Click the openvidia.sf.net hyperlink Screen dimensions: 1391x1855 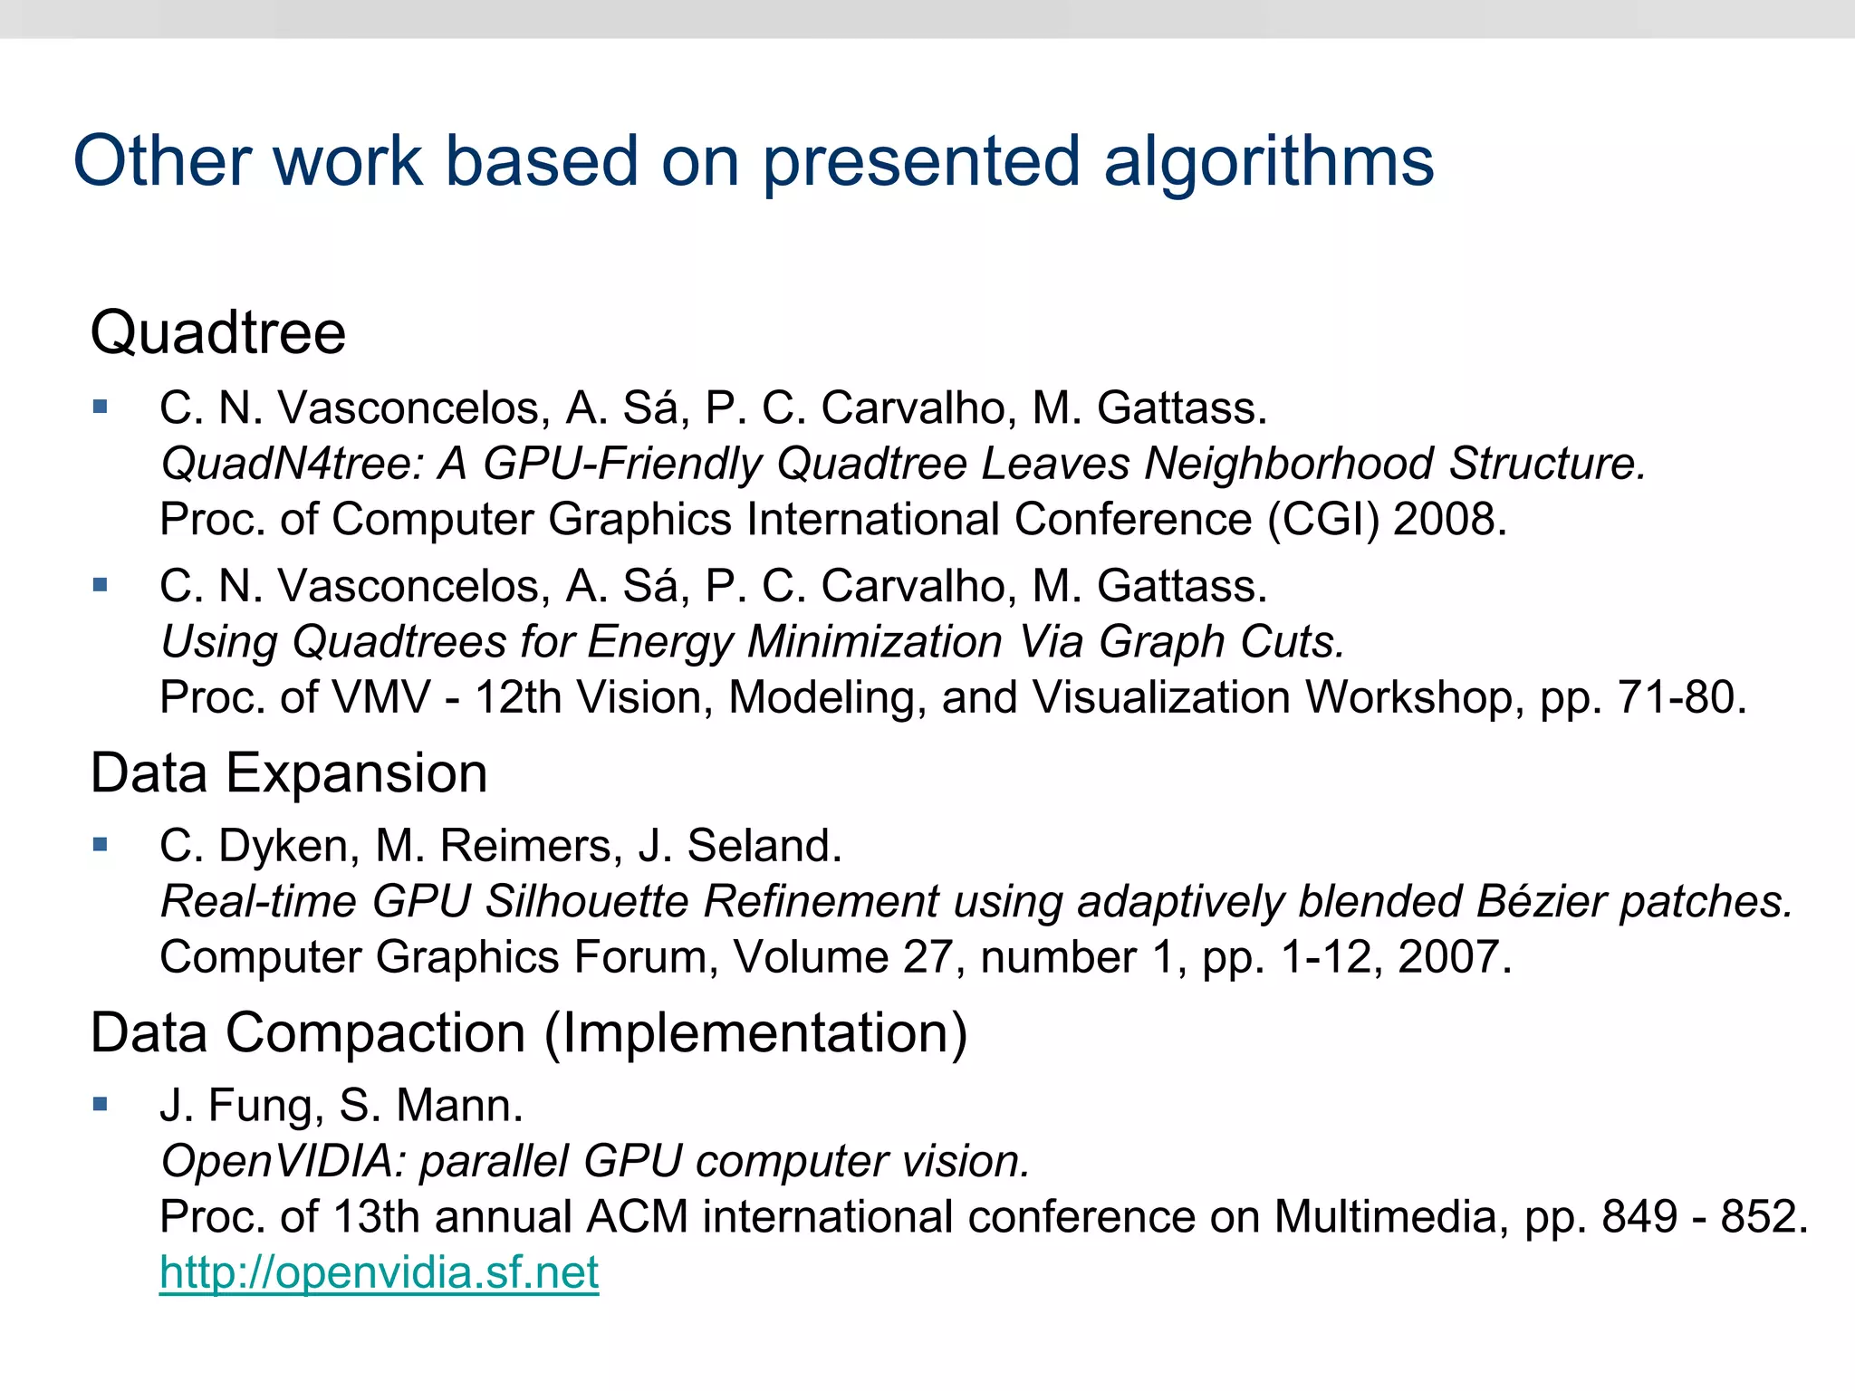click(379, 1272)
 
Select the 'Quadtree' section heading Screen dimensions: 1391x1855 click(218, 332)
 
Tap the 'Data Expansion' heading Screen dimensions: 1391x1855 click(289, 773)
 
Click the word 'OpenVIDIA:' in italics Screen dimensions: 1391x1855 click(283, 1162)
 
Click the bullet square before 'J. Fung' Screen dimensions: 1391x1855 click(101, 1104)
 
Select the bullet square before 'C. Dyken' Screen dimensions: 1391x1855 click(101, 845)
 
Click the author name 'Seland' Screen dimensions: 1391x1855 click(764, 846)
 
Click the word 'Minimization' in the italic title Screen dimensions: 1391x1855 click(874, 642)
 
